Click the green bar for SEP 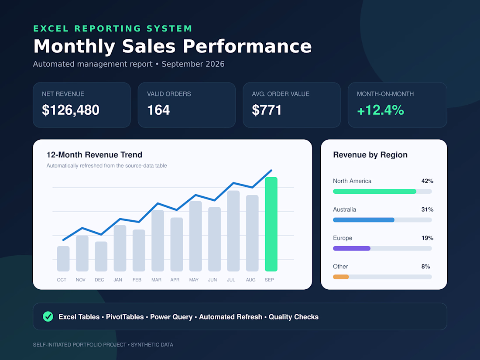[271, 224]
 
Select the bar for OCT [63, 259]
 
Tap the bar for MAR [158, 240]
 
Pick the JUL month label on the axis [231, 280]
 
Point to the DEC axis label [99, 280]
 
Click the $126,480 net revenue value [71, 110]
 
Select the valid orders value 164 [158, 110]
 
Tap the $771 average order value [267, 110]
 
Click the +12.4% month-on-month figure [381, 110]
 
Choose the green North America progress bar [375, 191]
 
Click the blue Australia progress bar [363, 220]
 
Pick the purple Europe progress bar [352, 248]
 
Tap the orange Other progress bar [341, 277]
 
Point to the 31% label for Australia [427, 210]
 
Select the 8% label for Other [426, 267]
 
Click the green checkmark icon [48, 316]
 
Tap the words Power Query [171, 317]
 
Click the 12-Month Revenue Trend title [94, 155]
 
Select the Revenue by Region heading [370, 155]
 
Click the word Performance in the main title [247, 47]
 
